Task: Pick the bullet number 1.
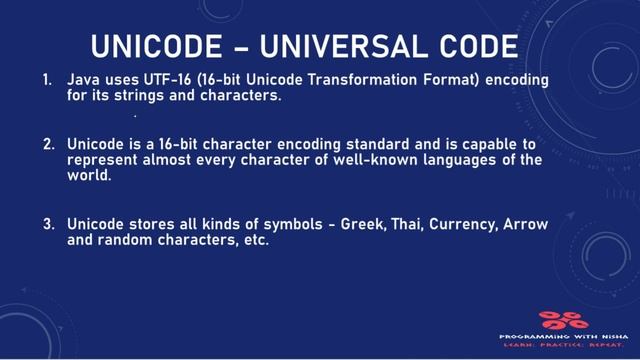(x=47, y=78)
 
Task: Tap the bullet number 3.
(x=47, y=225)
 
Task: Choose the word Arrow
(x=529, y=225)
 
